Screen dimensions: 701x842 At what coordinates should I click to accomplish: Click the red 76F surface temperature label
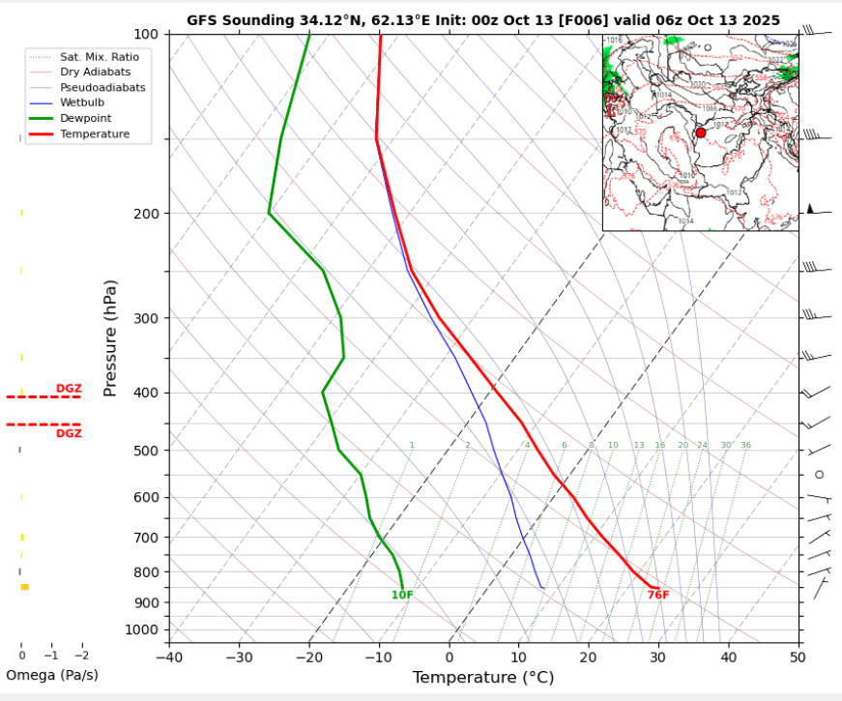(x=658, y=595)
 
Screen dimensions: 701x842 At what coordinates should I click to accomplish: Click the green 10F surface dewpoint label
(x=402, y=595)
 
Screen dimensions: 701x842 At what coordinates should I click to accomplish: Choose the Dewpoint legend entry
(x=86, y=118)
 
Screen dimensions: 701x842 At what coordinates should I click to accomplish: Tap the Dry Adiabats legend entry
(x=94, y=73)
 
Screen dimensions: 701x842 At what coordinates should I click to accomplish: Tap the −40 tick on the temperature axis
(x=168, y=657)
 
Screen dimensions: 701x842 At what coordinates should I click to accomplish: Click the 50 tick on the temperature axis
(x=798, y=657)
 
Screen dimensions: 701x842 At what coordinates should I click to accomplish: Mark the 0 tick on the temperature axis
(x=450, y=657)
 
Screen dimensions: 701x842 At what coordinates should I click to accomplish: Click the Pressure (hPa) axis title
(x=111, y=338)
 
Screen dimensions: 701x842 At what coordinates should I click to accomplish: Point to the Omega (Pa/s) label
(x=52, y=675)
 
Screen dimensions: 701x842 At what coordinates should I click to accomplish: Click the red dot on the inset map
(x=701, y=132)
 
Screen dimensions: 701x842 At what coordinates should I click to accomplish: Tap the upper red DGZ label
(x=69, y=389)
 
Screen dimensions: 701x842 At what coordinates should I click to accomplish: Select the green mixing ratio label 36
(x=745, y=446)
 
